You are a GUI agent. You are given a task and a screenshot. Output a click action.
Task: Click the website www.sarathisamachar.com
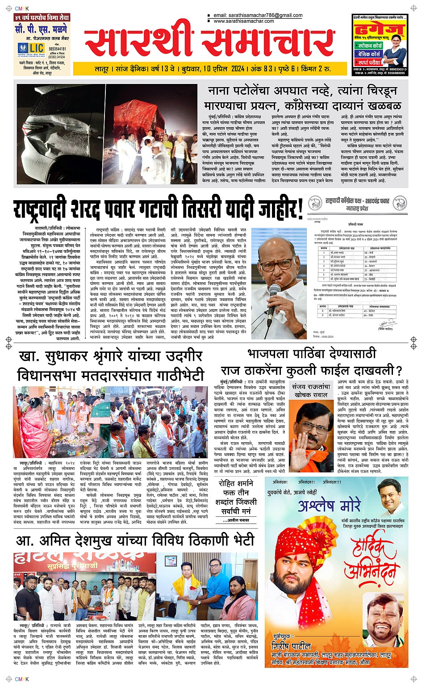[x=243, y=21]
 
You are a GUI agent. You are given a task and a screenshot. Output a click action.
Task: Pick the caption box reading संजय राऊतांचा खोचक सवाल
[x=311, y=390]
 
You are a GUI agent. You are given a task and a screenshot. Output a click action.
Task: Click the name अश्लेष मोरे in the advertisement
[x=329, y=506]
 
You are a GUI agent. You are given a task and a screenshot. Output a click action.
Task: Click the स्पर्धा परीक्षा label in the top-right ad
[x=369, y=62]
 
